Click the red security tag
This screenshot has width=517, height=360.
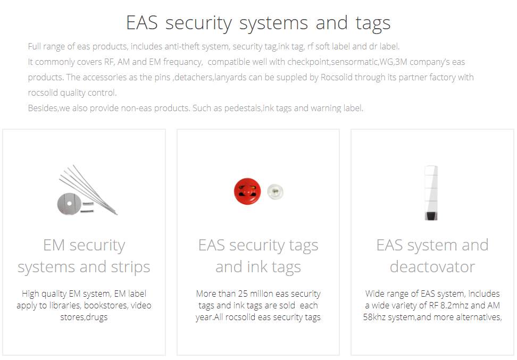pyautogui.click(x=247, y=191)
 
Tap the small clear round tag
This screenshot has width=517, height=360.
pyautogui.click(x=275, y=192)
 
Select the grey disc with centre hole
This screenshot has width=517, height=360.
pyautogui.click(x=69, y=204)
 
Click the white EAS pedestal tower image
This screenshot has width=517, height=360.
pyautogui.click(x=431, y=193)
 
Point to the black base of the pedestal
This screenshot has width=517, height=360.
pyautogui.click(x=431, y=216)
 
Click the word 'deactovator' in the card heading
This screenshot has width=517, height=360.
pyautogui.click(x=432, y=267)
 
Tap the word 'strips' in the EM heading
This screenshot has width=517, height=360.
pyautogui.click(x=130, y=267)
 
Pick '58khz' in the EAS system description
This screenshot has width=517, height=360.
pyautogui.click(x=374, y=317)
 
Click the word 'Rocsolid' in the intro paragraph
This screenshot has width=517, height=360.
pyautogui.click(x=337, y=77)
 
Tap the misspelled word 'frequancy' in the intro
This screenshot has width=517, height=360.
pyautogui.click(x=182, y=62)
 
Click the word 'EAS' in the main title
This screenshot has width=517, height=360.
pyautogui.click(x=142, y=23)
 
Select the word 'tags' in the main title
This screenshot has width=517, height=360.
pyautogui.click(x=373, y=24)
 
